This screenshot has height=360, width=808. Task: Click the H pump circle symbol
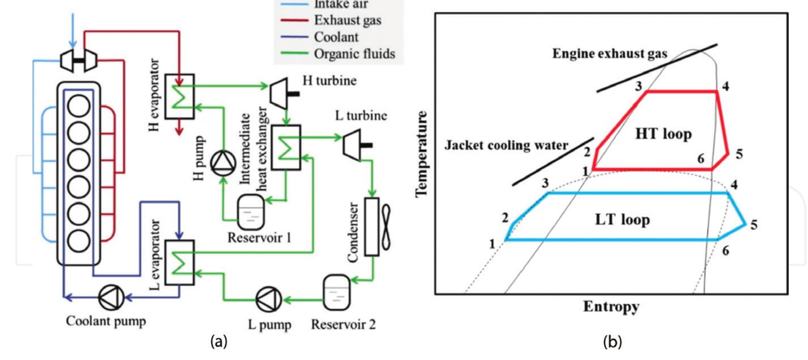223,164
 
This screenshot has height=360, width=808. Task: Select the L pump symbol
269,300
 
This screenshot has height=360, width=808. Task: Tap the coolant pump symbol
111,297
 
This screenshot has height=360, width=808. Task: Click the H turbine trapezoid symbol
280,94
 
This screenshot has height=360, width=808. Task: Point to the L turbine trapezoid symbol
352,145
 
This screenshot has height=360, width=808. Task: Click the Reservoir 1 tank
251,212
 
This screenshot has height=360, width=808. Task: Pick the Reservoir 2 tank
336,292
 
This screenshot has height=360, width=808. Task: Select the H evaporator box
180,96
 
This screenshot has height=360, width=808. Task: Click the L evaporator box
180,262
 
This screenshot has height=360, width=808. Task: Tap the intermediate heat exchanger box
286,147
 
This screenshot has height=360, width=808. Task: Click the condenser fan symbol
385,227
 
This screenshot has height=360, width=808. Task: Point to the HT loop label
663,134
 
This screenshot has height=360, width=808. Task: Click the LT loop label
622,219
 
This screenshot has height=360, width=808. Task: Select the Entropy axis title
611,307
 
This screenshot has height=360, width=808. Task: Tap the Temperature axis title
422,154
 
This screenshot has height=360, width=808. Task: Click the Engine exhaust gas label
610,54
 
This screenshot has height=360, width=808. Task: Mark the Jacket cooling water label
506,145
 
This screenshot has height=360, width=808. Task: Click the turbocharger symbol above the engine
79,60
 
